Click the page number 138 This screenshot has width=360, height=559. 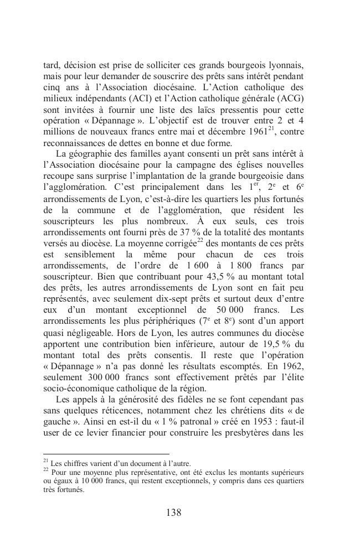coord(173,512)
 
